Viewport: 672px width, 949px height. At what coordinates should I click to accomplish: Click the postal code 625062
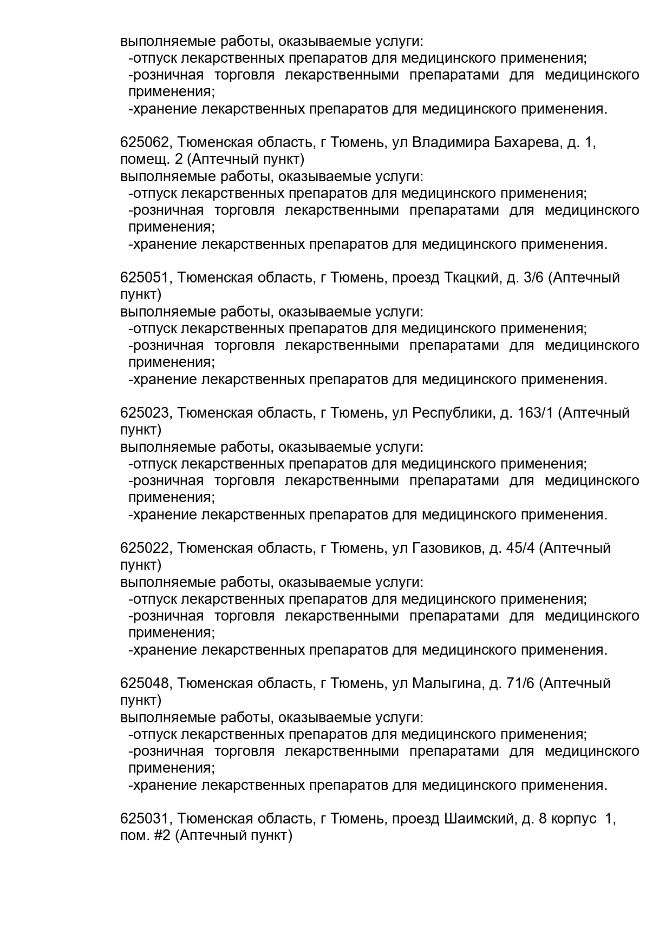coord(145,143)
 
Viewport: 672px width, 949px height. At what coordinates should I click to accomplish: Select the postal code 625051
coord(145,278)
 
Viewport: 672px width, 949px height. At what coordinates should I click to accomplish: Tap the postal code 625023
coord(145,413)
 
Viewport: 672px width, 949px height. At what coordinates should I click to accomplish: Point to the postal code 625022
coord(145,549)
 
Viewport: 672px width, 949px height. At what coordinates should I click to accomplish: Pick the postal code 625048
coord(145,684)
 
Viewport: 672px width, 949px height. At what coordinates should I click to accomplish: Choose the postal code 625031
coord(145,819)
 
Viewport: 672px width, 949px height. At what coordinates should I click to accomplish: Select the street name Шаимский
coord(479,819)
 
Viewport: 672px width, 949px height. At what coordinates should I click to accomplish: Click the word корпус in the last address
coord(573,819)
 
